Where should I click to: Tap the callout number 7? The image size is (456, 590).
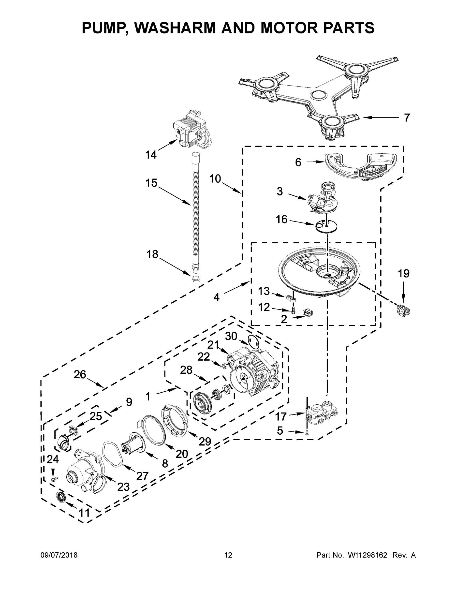pos(407,118)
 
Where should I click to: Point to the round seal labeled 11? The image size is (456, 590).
pos(61,497)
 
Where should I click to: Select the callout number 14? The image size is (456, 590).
pos(151,155)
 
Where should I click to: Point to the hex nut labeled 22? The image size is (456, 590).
pos(224,366)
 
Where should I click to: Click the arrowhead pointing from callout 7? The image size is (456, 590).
pos(365,118)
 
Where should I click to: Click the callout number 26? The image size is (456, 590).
pos(80,374)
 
